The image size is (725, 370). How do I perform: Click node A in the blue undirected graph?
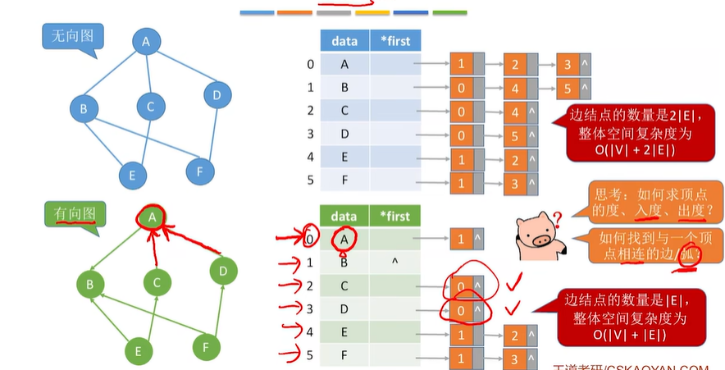pyautogui.click(x=146, y=42)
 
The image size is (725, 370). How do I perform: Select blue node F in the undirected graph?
pyautogui.click(x=200, y=171)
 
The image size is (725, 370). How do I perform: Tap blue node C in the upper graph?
pyautogui.click(x=150, y=106)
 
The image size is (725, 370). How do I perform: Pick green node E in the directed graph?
pyautogui.click(x=139, y=351)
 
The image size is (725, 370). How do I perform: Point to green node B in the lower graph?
pyautogui.click(x=90, y=285)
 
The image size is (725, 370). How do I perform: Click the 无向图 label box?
pyautogui.click(x=70, y=38)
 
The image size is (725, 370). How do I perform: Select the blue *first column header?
pyautogui.click(x=395, y=40)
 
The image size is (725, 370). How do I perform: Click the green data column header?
pyautogui.click(x=344, y=216)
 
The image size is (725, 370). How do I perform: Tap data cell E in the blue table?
pyautogui.click(x=344, y=157)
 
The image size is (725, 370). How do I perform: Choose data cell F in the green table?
pyautogui.click(x=344, y=356)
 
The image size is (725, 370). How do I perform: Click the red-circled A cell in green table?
pyautogui.click(x=344, y=239)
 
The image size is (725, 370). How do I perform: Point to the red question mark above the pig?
pyautogui.click(x=557, y=217)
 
